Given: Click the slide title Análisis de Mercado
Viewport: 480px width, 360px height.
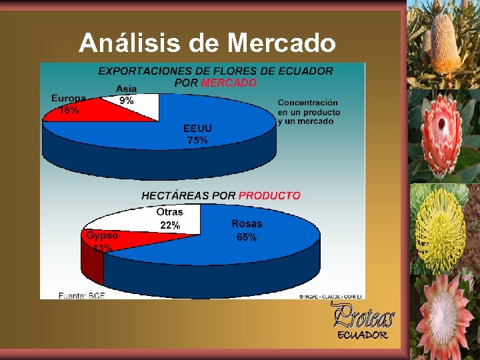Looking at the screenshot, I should click(x=207, y=43).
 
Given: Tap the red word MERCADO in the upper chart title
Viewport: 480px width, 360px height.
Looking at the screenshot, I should click(x=229, y=83).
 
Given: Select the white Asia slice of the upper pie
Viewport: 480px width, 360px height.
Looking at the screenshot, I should click(x=143, y=107).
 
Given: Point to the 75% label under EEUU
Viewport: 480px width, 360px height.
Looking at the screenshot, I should click(x=197, y=141).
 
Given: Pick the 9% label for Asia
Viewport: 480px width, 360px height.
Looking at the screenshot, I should click(x=127, y=101).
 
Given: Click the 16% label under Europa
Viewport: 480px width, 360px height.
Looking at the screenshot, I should click(x=69, y=111).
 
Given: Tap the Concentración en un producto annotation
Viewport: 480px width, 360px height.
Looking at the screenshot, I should click(x=309, y=112).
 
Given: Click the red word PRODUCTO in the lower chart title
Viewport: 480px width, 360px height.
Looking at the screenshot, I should click(x=269, y=196).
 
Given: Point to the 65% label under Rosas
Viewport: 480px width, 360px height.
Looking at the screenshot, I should click(x=247, y=237).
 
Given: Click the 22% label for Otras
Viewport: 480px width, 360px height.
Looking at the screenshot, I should click(x=170, y=225).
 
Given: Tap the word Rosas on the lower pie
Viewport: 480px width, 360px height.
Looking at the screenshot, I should click(x=247, y=224).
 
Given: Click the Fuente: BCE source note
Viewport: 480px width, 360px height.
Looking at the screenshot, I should click(x=81, y=295).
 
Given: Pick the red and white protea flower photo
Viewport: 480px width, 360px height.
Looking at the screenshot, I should click(x=442, y=137).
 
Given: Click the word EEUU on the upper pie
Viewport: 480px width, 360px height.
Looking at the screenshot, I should click(x=197, y=128).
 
